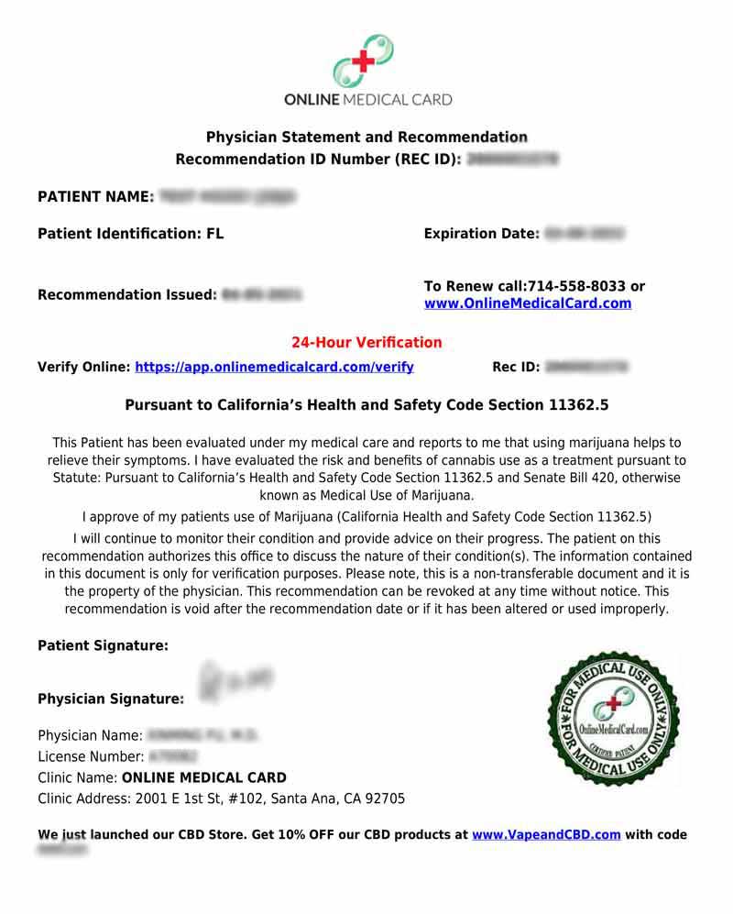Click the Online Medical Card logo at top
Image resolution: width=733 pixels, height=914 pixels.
tap(366, 70)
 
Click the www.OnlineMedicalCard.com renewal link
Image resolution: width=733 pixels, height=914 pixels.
tap(527, 303)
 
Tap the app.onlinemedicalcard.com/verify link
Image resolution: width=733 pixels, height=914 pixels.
tap(274, 367)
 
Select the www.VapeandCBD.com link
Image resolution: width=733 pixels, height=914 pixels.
tap(546, 834)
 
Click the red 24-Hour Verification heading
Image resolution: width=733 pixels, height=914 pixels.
tap(366, 343)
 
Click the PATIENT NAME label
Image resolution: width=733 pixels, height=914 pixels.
tap(95, 196)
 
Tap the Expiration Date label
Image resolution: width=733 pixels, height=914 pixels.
tap(481, 234)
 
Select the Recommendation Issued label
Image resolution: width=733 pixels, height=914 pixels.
tap(126, 295)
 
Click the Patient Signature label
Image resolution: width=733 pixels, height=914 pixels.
tap(103, 645)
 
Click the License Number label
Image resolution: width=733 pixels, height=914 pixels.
tap(91, 756)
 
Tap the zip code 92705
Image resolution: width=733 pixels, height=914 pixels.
tap(385, 798)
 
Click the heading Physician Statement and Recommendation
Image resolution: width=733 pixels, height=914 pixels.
tap(366, 138)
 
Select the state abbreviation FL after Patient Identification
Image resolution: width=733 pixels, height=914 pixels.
tap(214, 234)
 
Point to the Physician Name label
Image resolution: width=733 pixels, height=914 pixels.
tap(90, 735)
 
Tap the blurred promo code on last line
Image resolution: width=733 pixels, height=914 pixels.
tap(63, 851)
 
